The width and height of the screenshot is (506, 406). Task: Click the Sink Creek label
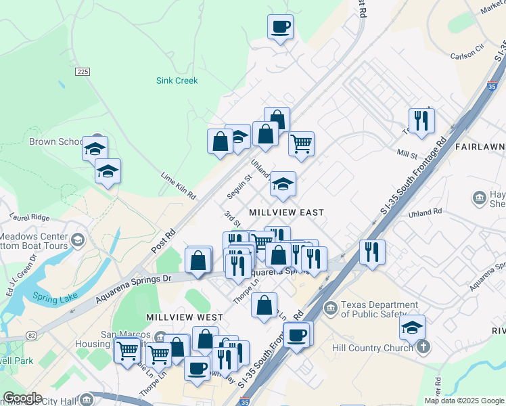pos(177,81)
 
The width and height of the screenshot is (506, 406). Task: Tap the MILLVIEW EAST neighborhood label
pos(286,212)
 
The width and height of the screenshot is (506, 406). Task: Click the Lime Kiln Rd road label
pos(178,185)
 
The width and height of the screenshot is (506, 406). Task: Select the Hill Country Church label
pos(372,348)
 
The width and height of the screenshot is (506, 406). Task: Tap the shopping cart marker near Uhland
pos(301,143)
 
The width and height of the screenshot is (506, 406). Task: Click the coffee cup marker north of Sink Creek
pos(280,27)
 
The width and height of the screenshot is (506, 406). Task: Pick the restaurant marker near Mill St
pos(421,120)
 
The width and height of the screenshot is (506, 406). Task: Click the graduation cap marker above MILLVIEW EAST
pos(283,183)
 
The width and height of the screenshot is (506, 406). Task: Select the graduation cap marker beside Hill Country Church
pos(412,328)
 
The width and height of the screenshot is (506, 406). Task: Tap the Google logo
pos(22,398)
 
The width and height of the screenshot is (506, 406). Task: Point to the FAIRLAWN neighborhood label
pos(480,147)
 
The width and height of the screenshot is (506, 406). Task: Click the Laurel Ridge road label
pos(30,218)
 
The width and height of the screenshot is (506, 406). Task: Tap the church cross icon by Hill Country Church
pos(423,348)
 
